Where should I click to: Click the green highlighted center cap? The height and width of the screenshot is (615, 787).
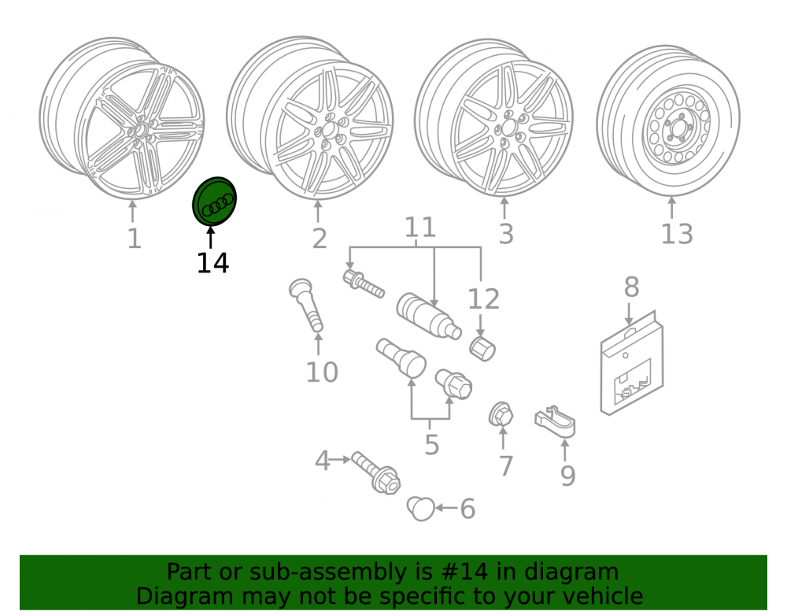[214, 202]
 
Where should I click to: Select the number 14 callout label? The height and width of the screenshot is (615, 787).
[212, 263]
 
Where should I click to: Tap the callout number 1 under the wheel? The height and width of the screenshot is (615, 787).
[134, 239]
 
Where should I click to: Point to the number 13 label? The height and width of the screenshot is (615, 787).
[677, 234]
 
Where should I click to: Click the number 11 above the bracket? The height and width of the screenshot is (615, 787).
[420, 228]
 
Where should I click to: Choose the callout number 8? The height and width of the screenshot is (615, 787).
[631, 287]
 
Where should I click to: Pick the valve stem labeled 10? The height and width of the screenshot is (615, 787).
[306, 304]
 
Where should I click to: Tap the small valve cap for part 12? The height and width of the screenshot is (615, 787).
[482, 349]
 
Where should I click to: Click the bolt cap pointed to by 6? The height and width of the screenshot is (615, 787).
[420, 509]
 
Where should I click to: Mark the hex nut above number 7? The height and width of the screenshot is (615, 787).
[501, 415]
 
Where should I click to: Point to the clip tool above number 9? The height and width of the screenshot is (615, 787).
[555, 420]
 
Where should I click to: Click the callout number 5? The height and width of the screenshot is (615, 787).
[431, 445]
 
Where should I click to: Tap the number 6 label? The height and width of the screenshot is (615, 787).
[467, 509]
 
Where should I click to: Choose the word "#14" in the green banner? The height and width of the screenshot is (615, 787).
[464, 572]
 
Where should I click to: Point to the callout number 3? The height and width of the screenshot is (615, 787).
[506, 235]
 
